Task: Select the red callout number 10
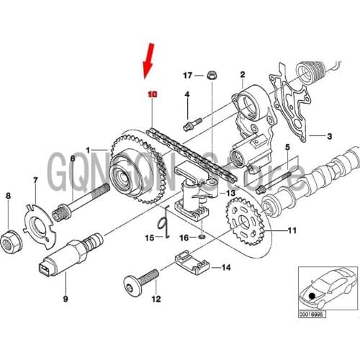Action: (151, 94)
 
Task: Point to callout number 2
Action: (243, 74)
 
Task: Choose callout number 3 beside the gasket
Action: (330, 136)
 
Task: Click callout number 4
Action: (186, 94)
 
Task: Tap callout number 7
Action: (35, 179)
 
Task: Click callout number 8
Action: (8, 196)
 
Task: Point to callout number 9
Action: (64, 297)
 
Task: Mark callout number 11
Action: (292, 230)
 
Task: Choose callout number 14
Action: (226, 268)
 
